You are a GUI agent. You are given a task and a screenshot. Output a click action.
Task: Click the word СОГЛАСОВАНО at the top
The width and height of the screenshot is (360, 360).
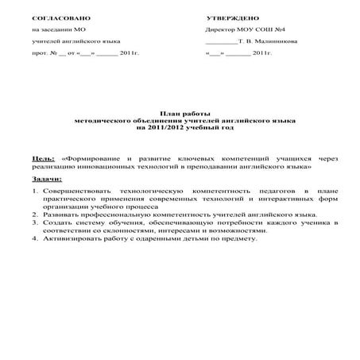(56, 17)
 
